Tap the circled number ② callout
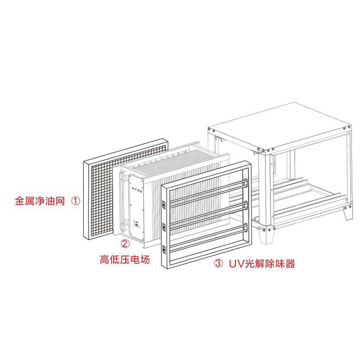(x=125, y=244)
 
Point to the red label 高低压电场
(x=124, y=259)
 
